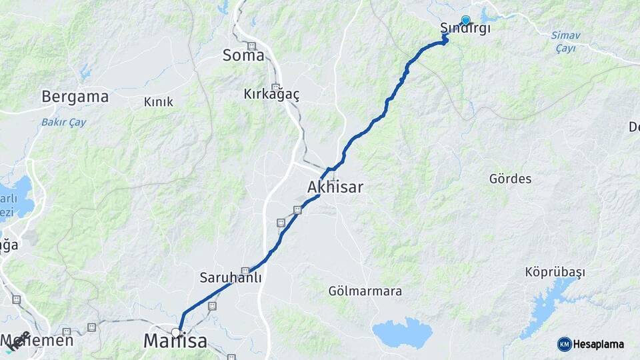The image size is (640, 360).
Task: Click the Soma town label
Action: [243, 55]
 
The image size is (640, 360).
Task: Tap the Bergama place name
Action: [75, 97]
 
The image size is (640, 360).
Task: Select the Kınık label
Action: [159, 102]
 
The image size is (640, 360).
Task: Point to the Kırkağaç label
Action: [271, 95]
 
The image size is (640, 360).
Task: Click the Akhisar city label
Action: [335, 187]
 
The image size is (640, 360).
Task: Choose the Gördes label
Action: [510, 179]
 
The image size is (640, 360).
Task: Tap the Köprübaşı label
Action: [555, 272]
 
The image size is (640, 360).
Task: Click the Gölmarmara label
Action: [365, 291]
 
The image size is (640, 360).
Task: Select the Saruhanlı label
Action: [231, 277]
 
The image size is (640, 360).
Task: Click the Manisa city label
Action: [175, 342]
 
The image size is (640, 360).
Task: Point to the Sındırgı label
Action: [465, 29]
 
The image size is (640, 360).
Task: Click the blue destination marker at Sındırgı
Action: [465, 20]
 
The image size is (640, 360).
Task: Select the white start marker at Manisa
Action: [176, 332]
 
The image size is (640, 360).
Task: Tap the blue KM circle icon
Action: [564, 344]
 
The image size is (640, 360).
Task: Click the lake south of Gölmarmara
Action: [402, 333]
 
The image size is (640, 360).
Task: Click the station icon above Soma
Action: [251, 46]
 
